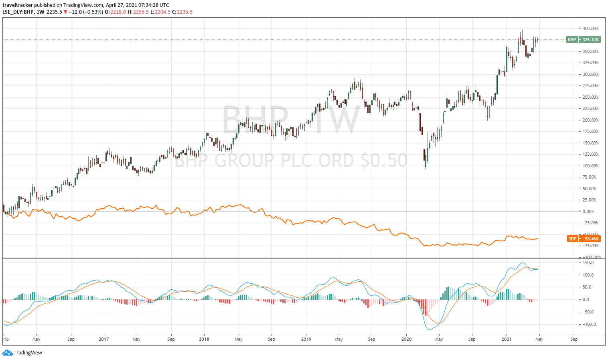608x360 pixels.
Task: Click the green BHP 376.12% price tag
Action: point(584,40)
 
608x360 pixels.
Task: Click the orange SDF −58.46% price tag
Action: point(584,239)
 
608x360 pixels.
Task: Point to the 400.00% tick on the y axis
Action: point(590,28)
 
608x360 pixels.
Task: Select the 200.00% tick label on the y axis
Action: point(590,120)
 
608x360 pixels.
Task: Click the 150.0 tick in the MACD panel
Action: point(588,262)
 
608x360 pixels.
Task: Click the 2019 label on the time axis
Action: point(306,339)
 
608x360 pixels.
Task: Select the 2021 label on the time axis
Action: point(507,339)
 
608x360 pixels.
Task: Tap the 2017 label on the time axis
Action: point(104,339)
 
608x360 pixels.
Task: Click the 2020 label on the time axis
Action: point(406,339)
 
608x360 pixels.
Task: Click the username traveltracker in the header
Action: point(18,5)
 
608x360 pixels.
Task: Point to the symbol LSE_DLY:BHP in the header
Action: point(18,12)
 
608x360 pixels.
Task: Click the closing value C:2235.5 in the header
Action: point(182,12)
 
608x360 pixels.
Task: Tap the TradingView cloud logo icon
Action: point(7,353)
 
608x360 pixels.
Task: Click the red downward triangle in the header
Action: point(65,12)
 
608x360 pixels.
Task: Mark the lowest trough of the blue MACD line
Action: point(430,330)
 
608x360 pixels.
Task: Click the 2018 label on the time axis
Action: point(204,339)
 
